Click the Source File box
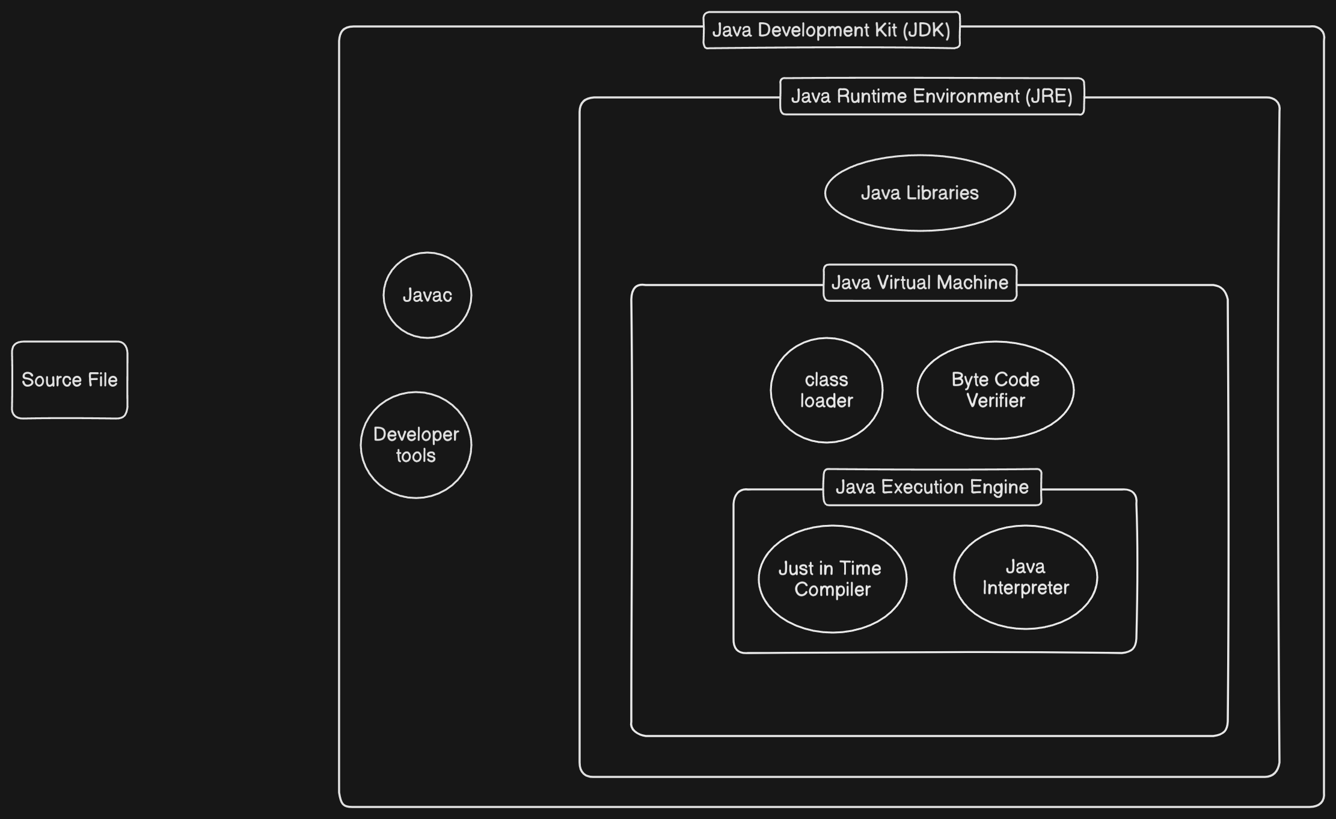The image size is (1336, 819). pyautogui.click(x=70, y=380)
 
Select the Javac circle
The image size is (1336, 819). pyautogui.click(x=427, y=295)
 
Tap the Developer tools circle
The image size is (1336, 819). pyautogui.click(x=416, y=445)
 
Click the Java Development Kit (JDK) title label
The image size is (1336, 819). pyautogui.click(x=832, y=30)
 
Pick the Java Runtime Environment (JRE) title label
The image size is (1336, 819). pyautogui.click(x=932, y=96)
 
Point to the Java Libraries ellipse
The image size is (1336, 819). pyautogui.click(x=920, y=193)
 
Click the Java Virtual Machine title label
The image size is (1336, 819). pyautogui.click(x=920, y=283)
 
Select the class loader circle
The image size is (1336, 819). pyautogui.click(x=827, y=390)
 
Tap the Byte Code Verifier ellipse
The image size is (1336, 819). pyautogui.click(x=996, y=390)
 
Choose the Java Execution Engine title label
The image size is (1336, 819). pyautogui.click(x=932, y=487)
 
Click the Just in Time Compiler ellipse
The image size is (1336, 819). pyautogui.click(x=833, y=579)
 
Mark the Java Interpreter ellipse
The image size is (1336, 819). pyautogui.click(x=1026, y=577)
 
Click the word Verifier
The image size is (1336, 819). pyautogui.click(x=996, y=400)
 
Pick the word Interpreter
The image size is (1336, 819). pyautogui.click(x=1026, y=587)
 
